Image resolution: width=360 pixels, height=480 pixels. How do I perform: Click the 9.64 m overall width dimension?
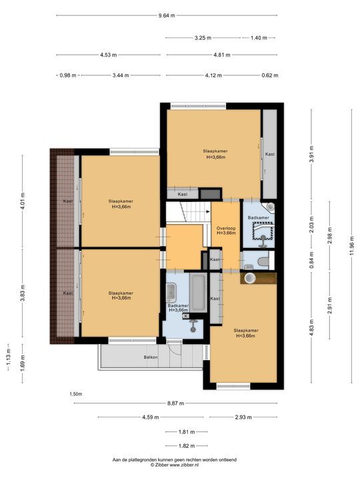coord(167,15)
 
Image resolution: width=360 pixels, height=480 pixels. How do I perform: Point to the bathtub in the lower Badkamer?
coord(197,291)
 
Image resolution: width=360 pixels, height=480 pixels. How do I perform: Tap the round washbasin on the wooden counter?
coord(250,277)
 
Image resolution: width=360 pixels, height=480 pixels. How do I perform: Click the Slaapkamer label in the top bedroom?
coord(215,153)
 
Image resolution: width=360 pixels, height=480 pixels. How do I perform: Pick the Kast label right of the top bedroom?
coord(269,154)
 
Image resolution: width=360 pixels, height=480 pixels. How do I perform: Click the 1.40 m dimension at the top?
coord(259,38)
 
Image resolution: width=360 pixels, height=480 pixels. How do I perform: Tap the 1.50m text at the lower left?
coord(77,394)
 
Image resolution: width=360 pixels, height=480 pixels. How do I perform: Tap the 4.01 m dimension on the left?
coord(23,201)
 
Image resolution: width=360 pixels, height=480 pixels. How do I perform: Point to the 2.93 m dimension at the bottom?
coord(242,417)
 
